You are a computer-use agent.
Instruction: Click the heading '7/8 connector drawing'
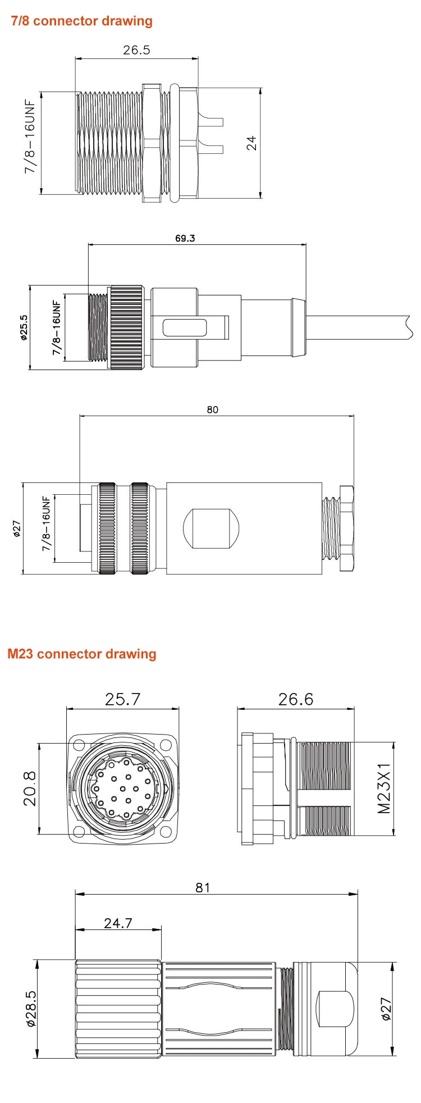[82, 21]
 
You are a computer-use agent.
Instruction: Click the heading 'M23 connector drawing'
[82, 654]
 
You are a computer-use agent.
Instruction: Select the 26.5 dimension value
[137, 50]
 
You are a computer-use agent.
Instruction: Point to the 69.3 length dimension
[185, 238]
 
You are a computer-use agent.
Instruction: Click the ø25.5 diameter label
[24, 328]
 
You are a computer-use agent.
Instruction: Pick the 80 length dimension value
[212, 410]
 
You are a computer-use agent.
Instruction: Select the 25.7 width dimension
[122, 699]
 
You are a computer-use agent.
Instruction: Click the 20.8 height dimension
[30, 788]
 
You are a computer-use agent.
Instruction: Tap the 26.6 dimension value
[296, 699]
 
